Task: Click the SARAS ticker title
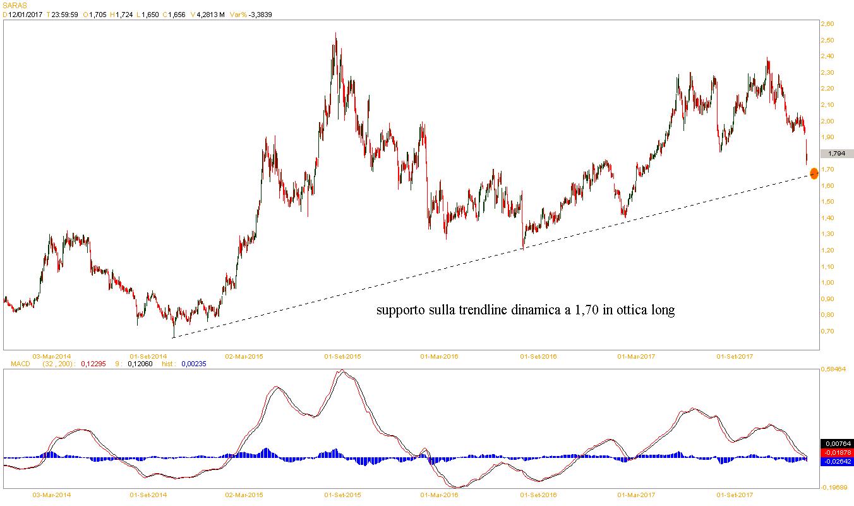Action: click(13, 5)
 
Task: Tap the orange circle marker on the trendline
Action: click(814, 172)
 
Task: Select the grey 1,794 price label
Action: click(837, 153)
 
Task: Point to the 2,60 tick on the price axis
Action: click(827, 24)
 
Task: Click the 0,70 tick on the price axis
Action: click(827, 331)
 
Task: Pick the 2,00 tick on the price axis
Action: click(827, 121)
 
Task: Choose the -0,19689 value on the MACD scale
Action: click(836, 488)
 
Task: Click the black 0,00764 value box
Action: click(836, 443)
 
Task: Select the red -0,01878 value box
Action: click(836, 452)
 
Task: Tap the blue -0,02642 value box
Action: click(836, 461)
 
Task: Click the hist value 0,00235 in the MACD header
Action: click(193, 364)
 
